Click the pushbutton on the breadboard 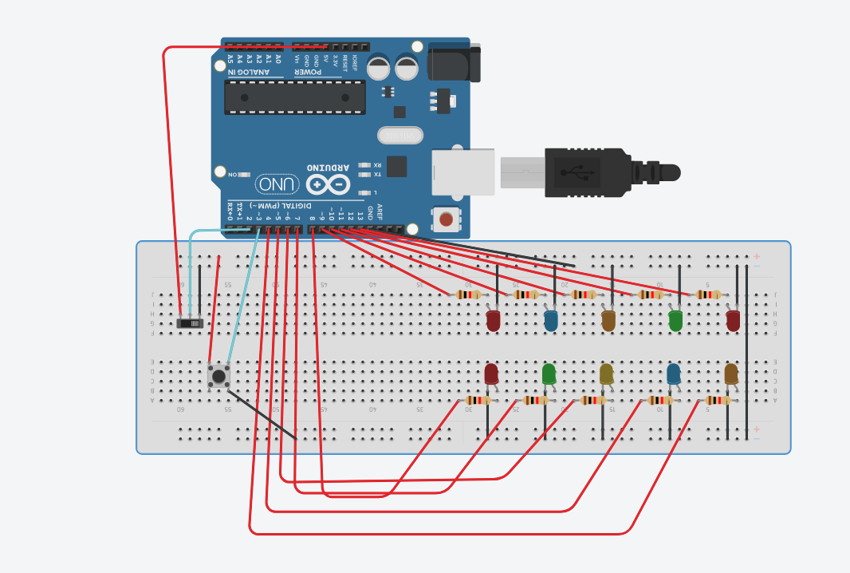click(x=218, y=375)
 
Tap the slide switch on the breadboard click(x=190, y=323)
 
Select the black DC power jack click(x=455, y=63)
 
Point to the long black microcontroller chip click(x=294, y=97)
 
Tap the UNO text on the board click(x=277, y=184)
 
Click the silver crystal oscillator click(x=400, y=136)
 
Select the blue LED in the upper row click(x=550, y=320)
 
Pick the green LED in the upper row click(x=675, y=320)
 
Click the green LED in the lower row click(x=549, y=373)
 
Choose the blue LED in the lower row click(x=674, y=373)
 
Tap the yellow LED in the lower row click(x=606, y=373)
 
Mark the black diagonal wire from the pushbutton click(x=263, y=415)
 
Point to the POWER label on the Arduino click(x=307, y=73)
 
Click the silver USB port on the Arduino click(x=463, y=172)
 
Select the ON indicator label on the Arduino click(x=232, y=174)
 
